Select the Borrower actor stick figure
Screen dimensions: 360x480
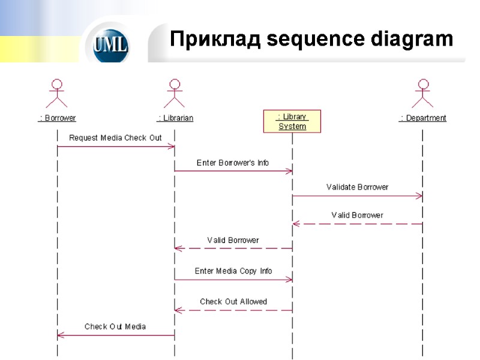click(58, 94)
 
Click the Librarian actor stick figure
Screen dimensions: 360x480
click(175, 94)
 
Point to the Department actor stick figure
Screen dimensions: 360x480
click(423, 94)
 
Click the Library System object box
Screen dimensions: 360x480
click(292, 121)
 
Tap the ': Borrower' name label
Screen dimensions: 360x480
click(58, 118)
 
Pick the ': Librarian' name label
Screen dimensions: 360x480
click(175, 118)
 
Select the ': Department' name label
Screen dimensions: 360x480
click(423, 118)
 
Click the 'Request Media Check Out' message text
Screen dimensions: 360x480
click(115, 138)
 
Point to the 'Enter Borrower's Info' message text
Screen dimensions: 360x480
click(233, 163)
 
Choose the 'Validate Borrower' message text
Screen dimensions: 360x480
click(357, 187)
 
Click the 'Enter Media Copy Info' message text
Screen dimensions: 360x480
click(233, 271)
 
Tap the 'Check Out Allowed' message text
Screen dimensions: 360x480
click(233, 302)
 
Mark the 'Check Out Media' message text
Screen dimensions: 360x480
click(115, 327)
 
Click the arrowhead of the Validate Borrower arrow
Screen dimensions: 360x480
click(419, 196)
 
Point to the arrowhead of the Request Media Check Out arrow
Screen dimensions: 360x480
click(171, 146)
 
